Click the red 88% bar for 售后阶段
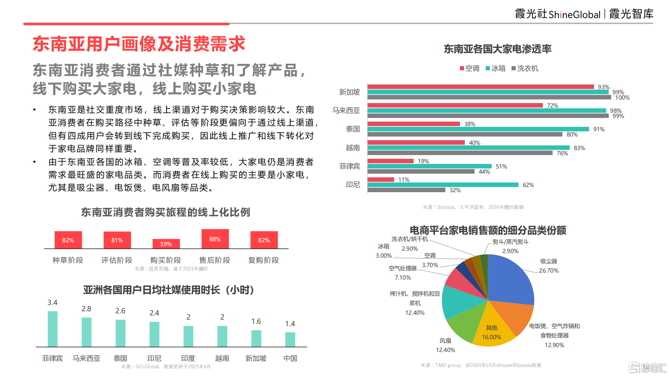point(215,239)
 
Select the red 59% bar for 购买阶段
point(166,244)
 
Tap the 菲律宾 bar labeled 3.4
point(53,329)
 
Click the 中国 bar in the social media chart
point(290,339)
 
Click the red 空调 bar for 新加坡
point(480,87)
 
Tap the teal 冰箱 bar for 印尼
point(443,185)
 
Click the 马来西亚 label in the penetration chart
point(346,110)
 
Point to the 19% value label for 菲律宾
point(423,161)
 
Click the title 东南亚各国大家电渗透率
point(497,49)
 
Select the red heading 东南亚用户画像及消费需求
point(139,44)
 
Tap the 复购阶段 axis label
point(263,260)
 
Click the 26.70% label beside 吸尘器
point(548,271)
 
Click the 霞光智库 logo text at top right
point(631,14)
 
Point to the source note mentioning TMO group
point(481,365)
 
